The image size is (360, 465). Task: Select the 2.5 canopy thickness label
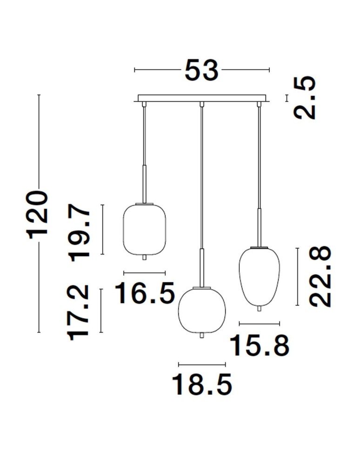(x=306, y=98)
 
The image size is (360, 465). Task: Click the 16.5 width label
(x=145, y=293)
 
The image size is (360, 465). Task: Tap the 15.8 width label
(x=260, y=345)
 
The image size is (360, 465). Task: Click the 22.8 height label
(x=320, y=277)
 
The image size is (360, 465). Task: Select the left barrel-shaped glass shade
(x=145, y=229)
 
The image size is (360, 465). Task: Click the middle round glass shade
(x=202, y=310)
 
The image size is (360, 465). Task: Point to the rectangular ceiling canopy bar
(x=201, y=98)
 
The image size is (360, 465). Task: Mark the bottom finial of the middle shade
(x=202, y=335)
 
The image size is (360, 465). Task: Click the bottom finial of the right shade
(x=260, y=308)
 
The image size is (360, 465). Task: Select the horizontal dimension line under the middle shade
(x=202, y=364)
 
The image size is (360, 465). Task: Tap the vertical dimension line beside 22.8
(x=297, y=277)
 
